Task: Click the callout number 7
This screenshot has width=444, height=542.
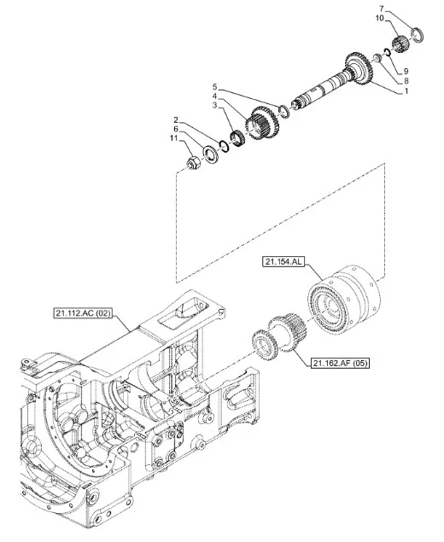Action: [x=382, y=9]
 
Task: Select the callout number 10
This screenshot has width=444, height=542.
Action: [x=380, y=18]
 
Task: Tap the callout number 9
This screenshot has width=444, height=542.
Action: [x=406, y=71]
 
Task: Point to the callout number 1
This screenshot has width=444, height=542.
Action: [x=406, y=91]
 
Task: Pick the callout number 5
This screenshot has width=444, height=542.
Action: [x=214, y=86]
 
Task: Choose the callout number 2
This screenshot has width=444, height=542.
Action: [x=176, y=120]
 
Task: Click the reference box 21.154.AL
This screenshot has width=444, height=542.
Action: [x=283, y=262]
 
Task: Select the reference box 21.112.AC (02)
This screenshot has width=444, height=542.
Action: [x=83, y=313]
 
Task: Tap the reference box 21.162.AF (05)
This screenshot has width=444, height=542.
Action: [x=340, y=363]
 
